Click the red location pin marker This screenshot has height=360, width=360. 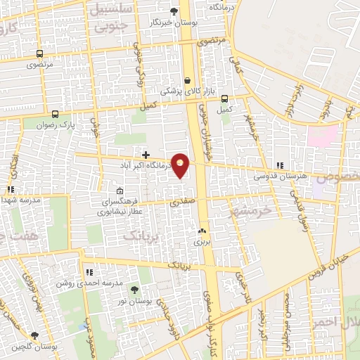181,165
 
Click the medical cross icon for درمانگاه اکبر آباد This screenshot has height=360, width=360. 146,155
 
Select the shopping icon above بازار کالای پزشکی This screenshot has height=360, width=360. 188,80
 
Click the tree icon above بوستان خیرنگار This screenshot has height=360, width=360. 174,11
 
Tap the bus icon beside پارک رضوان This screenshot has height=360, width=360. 56,114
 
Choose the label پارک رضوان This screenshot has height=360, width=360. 77,124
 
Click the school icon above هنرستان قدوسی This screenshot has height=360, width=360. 280,165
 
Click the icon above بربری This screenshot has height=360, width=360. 202,230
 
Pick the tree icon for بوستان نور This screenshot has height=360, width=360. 134,290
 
